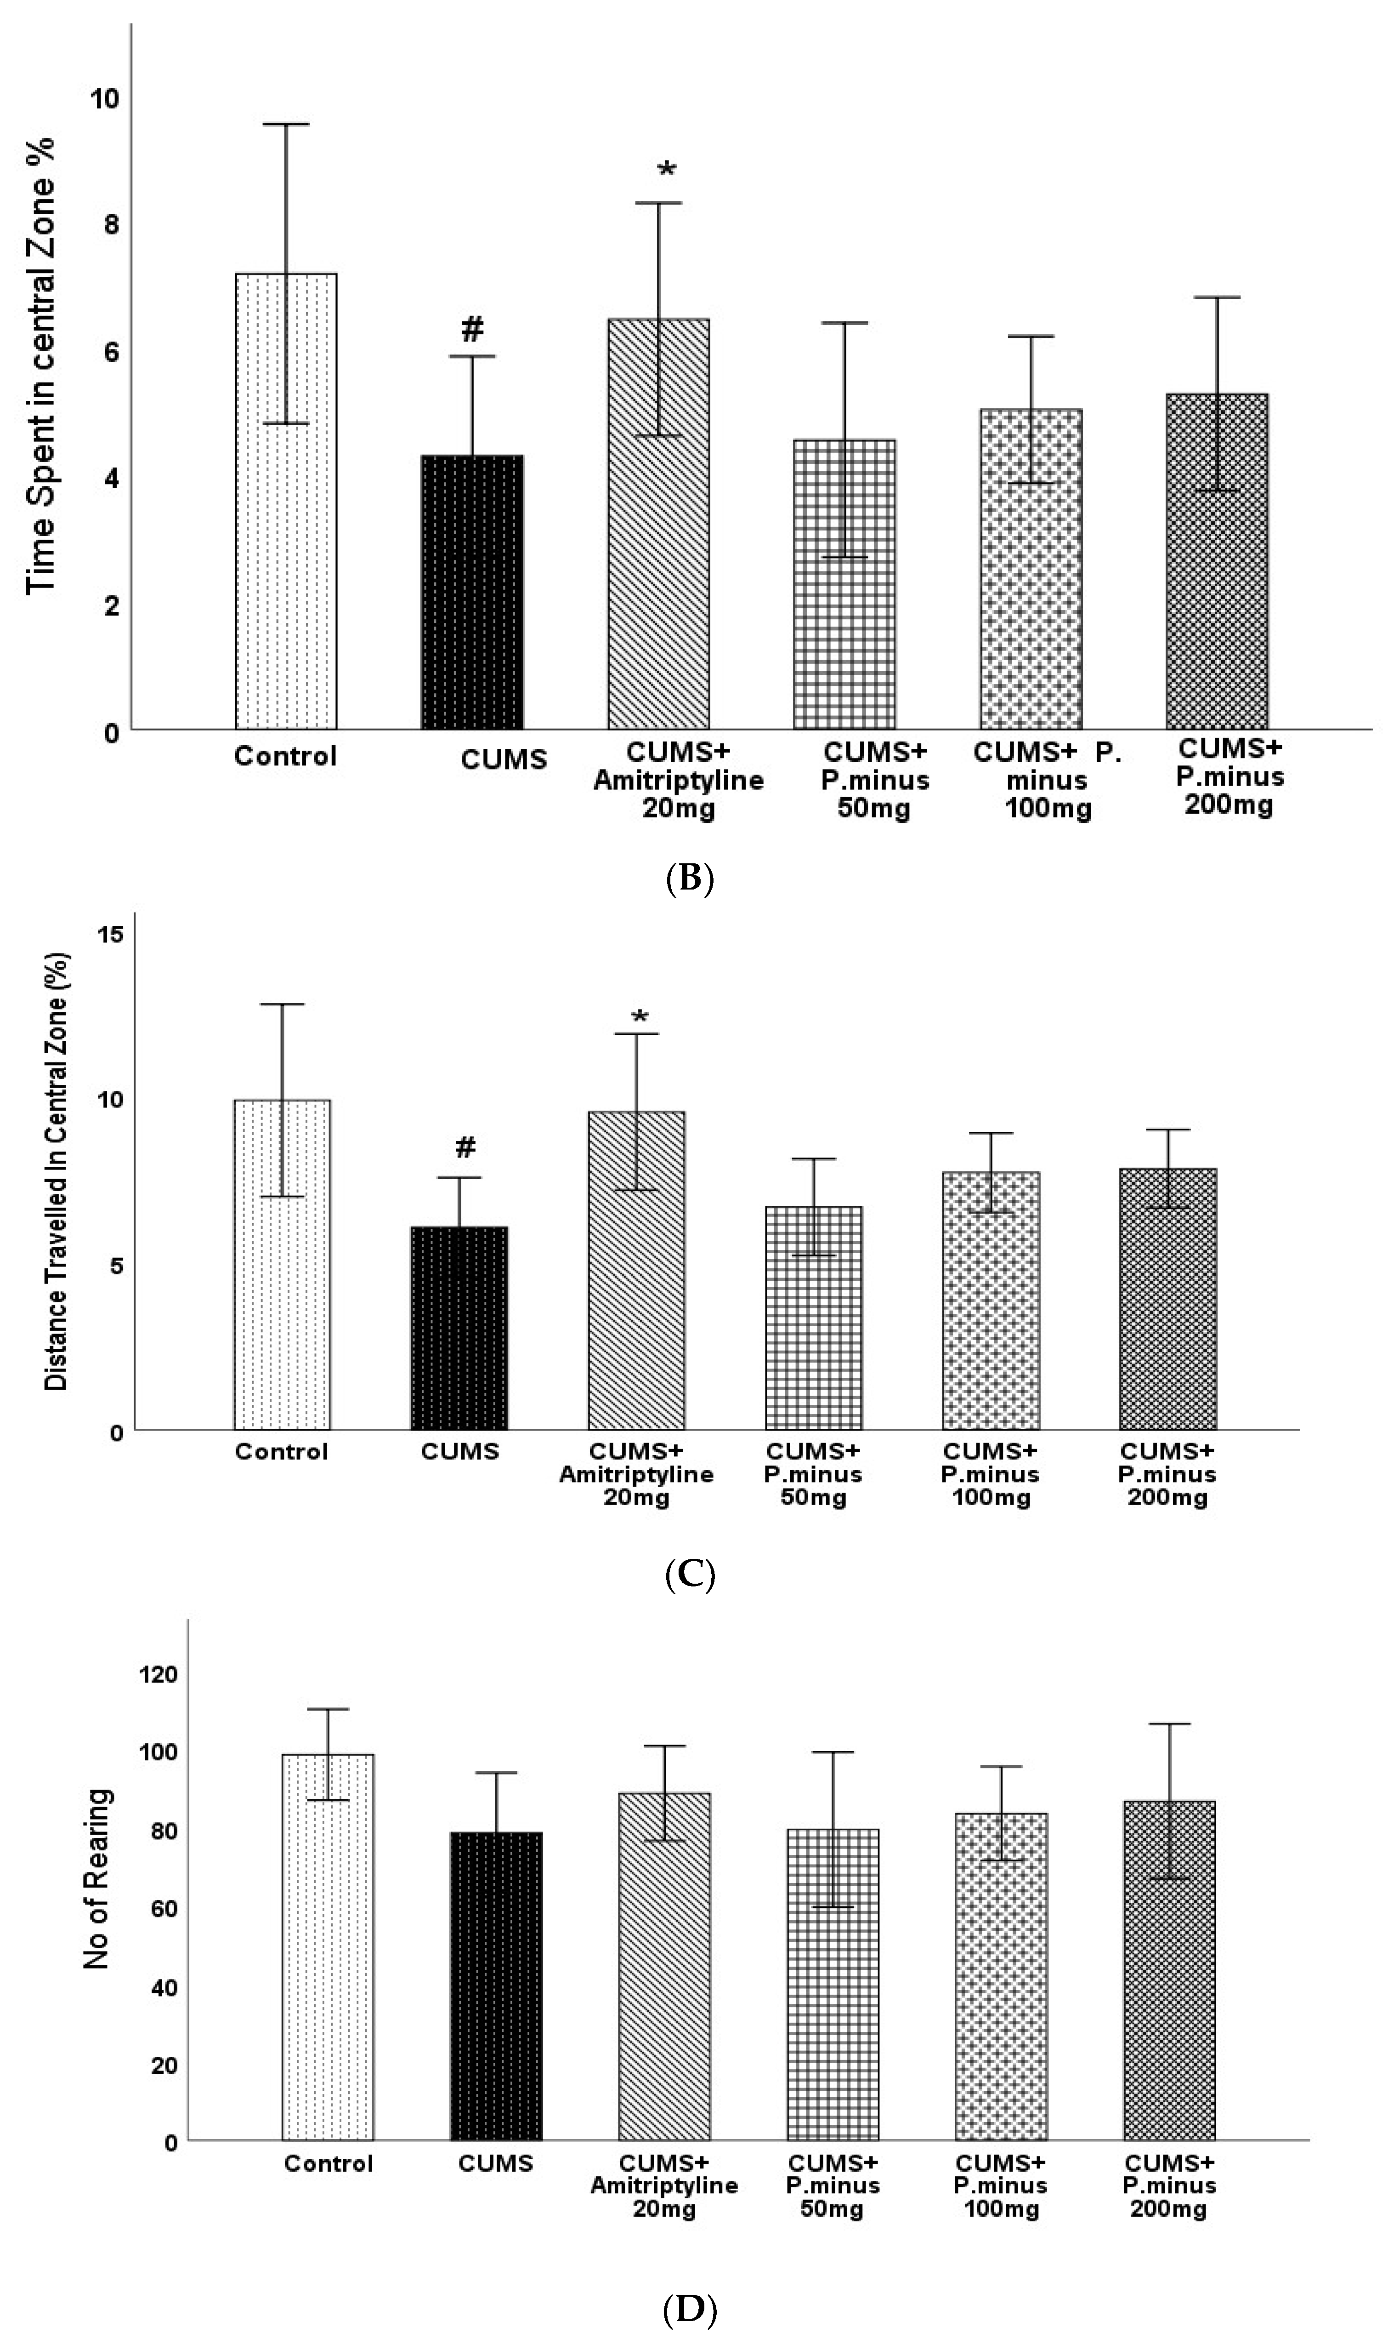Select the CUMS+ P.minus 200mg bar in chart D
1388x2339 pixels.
tap(1169, 1965)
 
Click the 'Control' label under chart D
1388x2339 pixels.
tap(329, 2163)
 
